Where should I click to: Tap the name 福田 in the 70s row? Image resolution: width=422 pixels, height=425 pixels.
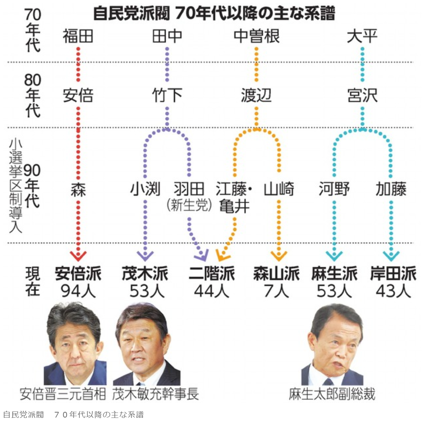click(x=78, y=36)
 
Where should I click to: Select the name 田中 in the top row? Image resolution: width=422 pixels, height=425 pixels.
click(x=167, y=36)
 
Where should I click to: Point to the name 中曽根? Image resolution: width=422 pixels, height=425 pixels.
click(x=256, y=36)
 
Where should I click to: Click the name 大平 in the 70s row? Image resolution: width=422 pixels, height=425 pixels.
click(x=362, y=36)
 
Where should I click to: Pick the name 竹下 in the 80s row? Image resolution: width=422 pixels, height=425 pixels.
click(x=167, y=95)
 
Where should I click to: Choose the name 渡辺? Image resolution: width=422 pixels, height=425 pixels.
click(x=256, y=95)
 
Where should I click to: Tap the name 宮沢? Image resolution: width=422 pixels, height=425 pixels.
click(x=362, y=95)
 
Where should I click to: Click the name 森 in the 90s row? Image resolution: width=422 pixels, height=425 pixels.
click(x=78, y=189)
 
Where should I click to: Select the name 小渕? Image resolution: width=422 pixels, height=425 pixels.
click(x=145, y=189)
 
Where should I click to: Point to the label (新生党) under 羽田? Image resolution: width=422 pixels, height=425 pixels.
click(x=189, y=205)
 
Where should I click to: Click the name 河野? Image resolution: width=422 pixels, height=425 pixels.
click(x=334, y=189)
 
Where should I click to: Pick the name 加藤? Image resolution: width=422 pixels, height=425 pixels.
click(x=391, y=189)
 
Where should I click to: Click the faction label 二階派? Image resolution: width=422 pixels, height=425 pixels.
click(x=212, y=274)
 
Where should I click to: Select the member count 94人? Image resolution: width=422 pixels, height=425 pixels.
click(x=78, y=291)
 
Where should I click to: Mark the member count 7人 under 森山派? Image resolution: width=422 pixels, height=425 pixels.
click(x=276, y=291)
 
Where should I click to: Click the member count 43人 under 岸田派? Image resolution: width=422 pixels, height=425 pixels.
click(x=393, y=291)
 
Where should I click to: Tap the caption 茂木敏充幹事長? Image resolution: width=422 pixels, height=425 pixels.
click(x=155, y=394)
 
